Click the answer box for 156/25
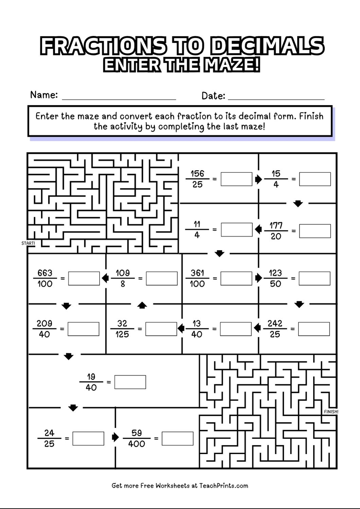tap(236, 179)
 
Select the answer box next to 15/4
tap(315, 179)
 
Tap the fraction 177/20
tap(276, 231)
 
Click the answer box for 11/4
tap(236, 229)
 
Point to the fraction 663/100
tap(45, 278)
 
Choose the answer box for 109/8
tap(162, 278)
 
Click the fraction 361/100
tap(197, 278)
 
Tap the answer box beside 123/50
tap(314, 278)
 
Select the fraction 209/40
tap(44, 329)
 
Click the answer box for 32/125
tap(161, 329)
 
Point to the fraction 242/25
tap(275, 329)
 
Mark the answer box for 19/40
tap(130, 382)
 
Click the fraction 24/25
tap(49, 438)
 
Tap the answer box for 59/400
tap(177, 438)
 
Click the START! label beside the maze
tap(28, 243)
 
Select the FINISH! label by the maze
tap(331, 412)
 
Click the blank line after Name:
tap(119, 97)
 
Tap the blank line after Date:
tap(276, 97)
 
